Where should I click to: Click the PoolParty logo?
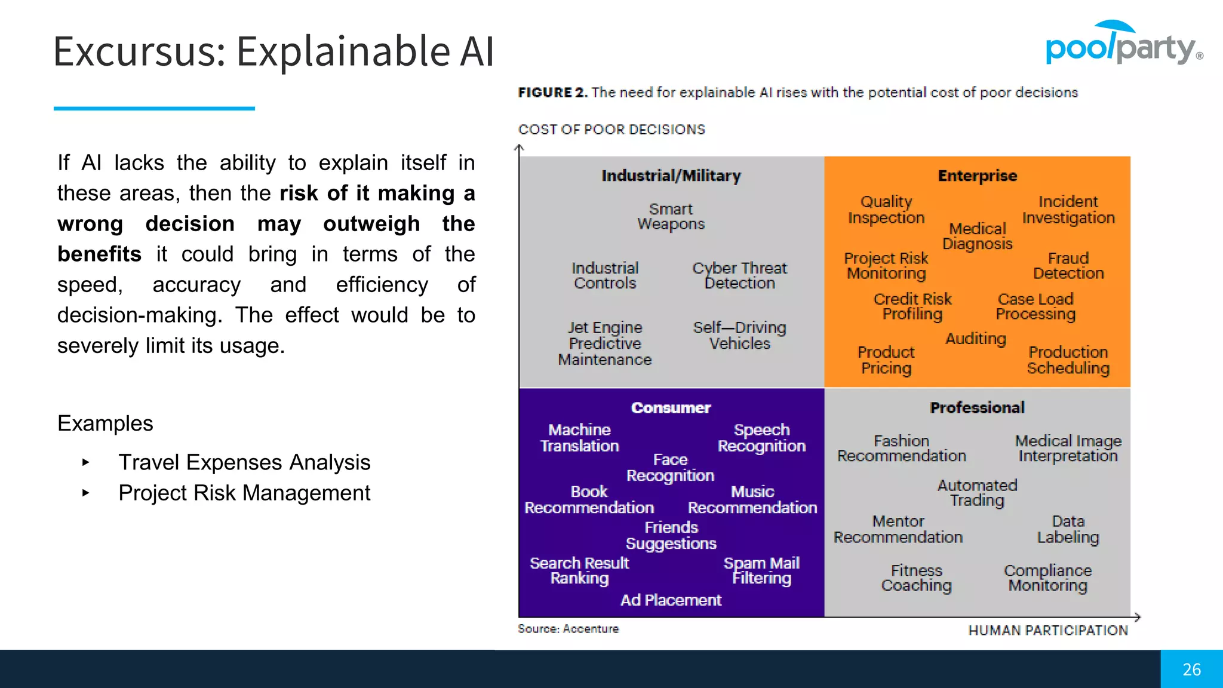point(1123,45)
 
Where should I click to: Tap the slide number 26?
point(1191,669)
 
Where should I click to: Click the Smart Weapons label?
point(671,217)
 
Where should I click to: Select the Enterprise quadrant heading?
point(977,176)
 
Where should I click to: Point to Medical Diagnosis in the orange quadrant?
point(978,236)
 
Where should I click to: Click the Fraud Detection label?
point(1068,266)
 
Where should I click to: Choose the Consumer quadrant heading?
point(671,408)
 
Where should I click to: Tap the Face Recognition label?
point(670,468)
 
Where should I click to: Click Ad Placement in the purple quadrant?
point(671,600)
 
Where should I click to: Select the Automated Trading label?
point(977,493)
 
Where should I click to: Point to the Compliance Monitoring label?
point(1047,578)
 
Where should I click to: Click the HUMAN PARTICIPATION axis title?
point(1048,631)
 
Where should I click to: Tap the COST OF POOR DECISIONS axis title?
point(611,130)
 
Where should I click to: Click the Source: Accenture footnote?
point(568,629)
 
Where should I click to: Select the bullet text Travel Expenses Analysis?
point(244,462)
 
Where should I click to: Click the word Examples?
point(105,423)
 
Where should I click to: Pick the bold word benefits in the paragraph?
point(99,254)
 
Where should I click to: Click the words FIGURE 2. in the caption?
point(552,93)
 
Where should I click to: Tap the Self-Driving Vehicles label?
point(739,336)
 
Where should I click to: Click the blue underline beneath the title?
point(154,109)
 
